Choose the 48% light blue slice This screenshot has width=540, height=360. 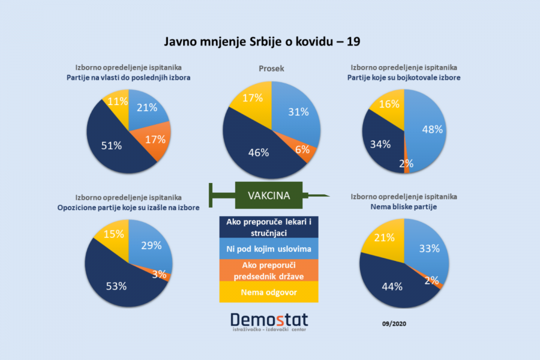click(431, 129)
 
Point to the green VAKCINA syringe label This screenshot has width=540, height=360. click(269, 196)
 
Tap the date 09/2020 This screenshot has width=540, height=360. click(394, 323)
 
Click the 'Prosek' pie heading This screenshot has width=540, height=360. click(271, 68)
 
